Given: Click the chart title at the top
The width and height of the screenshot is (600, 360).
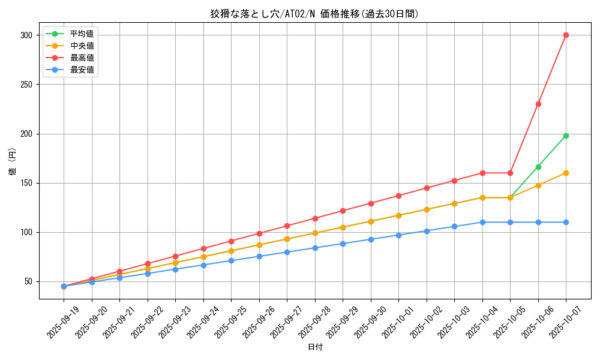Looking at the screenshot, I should coord(314,14).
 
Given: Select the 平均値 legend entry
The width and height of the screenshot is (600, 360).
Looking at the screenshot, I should coord(82,34).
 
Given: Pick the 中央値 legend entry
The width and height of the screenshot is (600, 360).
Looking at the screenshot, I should coord(82,46).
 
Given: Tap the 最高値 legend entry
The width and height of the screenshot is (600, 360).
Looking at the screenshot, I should coord(82,58).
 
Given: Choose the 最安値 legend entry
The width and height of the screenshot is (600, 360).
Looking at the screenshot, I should coord(82,70).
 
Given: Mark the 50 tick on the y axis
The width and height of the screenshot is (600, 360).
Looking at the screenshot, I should coord(28,281).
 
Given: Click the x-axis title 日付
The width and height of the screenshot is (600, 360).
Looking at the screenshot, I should coord(315,347).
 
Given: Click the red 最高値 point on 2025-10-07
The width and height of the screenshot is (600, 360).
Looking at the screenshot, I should coord(566,35).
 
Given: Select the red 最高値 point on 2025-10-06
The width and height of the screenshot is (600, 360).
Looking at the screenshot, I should coord(538,104).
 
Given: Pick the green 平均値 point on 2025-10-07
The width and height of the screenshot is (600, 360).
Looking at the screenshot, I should coord(566,136).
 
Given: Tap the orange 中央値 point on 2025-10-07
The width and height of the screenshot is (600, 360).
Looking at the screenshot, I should coord(566,173).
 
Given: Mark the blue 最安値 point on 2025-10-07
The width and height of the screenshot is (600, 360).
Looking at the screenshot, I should coord(566,222).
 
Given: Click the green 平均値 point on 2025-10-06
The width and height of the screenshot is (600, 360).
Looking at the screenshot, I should coord(538,167).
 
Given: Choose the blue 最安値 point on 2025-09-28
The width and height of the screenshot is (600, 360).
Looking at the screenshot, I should coord(315,248).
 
